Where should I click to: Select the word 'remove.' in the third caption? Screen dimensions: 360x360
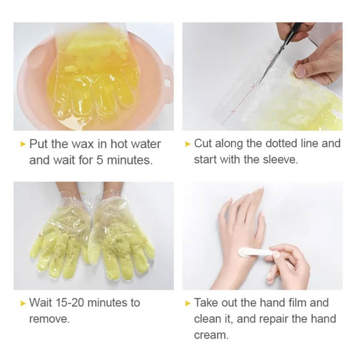pos(49,319)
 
